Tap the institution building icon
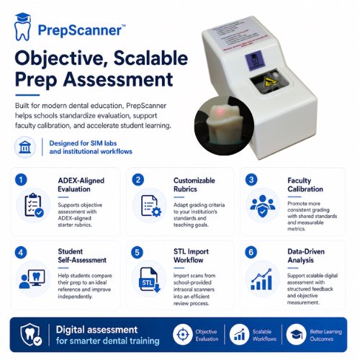pyautogui.click(x=24, y=147)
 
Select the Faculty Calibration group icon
pyautogui.click(x=262, y=206)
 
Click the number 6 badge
pyautogui.click(x=252, y=253)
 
